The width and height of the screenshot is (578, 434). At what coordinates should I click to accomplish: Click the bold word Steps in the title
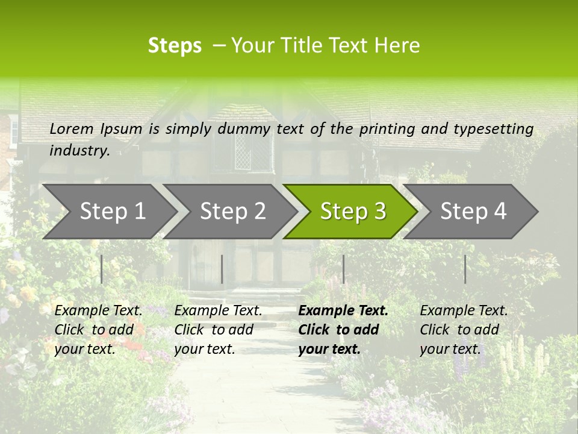(175, 46)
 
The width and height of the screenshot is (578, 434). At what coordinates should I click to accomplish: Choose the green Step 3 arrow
(353, 212)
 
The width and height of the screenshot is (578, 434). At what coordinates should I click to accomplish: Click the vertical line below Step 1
(102, 269)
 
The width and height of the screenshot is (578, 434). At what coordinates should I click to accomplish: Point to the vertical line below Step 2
(222, 269)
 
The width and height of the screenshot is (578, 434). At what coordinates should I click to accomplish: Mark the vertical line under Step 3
(343, 269)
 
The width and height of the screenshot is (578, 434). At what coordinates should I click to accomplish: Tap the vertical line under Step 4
(465, 269)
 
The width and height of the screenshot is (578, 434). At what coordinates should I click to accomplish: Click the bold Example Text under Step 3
(343, 311)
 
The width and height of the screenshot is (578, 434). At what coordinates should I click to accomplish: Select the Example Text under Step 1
(98, 311)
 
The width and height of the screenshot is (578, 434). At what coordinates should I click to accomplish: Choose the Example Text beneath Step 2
(218, 311)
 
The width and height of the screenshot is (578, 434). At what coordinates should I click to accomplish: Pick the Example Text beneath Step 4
(464, 311)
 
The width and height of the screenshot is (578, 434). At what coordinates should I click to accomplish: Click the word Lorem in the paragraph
(72, 129)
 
